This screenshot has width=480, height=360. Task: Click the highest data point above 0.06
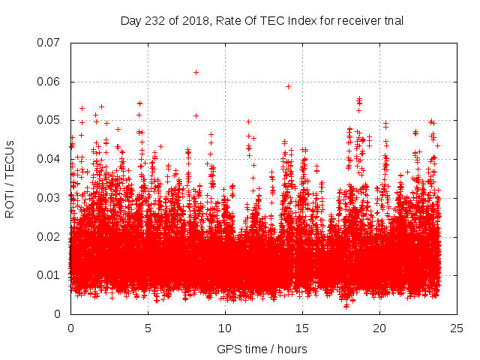196,72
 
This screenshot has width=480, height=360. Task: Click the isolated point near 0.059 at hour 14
288,86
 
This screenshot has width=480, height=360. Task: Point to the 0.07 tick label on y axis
49,43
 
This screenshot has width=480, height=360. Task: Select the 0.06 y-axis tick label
49,82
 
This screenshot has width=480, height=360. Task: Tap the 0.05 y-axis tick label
49,120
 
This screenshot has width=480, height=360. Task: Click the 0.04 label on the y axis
49,159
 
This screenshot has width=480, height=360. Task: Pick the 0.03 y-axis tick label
49,198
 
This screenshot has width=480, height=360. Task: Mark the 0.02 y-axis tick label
49,236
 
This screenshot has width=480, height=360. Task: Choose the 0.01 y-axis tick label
49,275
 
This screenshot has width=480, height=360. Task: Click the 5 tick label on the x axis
148,328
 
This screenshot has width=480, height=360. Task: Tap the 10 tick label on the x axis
225,328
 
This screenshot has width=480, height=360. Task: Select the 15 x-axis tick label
302,328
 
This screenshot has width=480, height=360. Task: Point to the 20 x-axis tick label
379,328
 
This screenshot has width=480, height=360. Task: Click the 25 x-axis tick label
457,328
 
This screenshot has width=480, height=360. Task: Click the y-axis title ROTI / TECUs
10,178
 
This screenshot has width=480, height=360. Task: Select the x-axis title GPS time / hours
262,349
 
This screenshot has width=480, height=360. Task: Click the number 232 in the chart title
155,20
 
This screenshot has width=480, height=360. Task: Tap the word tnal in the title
392,20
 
